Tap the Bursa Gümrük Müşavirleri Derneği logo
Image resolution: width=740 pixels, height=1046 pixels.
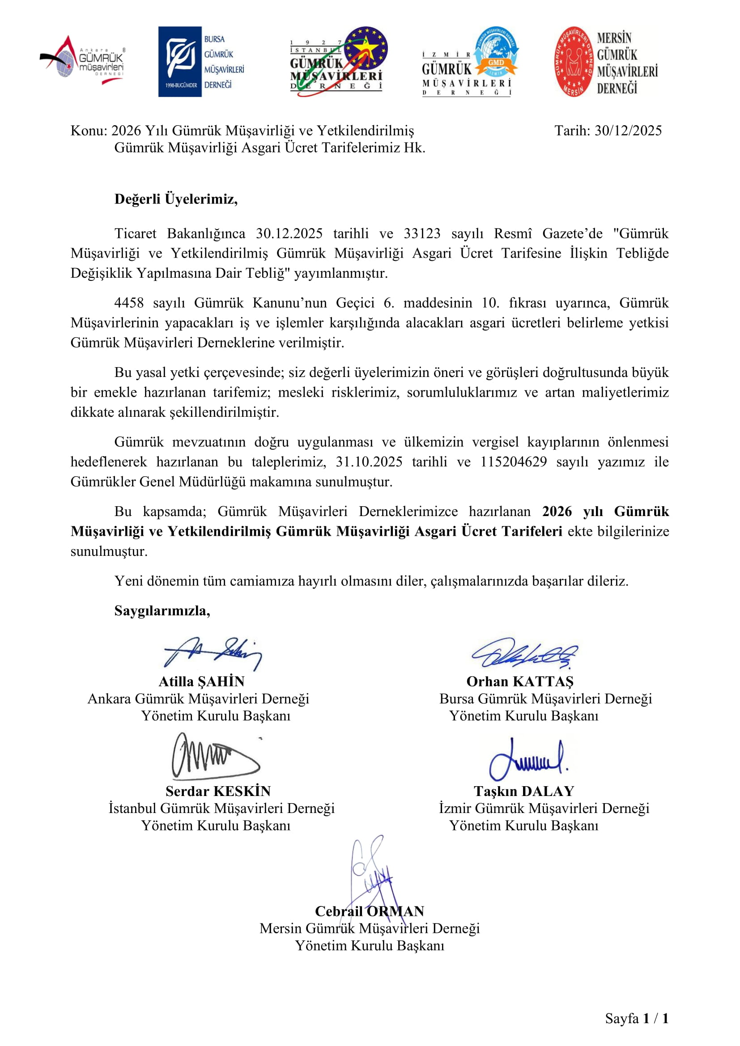tap(201, 62)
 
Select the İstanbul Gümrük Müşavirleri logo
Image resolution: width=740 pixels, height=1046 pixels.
tap(339, 62)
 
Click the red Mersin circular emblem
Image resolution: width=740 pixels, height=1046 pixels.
tap(574, 62)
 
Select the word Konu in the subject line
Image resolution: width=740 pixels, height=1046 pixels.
tap(88, 131)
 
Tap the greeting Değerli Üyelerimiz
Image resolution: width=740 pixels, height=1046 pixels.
tap(176, 199)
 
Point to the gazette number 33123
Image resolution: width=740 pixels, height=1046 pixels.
tap(421, 233)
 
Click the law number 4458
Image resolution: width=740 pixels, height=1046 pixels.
tap(128, 302)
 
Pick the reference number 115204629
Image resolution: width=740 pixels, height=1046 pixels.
tap(513, 462)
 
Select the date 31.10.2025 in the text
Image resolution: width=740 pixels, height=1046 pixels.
tap(369, 462)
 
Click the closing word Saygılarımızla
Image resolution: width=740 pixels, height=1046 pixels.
tap(162, 610)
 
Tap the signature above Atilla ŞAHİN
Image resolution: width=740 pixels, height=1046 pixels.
tap(213, 652)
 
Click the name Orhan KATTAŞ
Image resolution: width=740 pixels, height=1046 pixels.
tap(519, 681)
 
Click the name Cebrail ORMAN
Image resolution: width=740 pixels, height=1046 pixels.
tap(369, 910)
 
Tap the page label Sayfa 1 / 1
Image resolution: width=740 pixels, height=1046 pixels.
tap(636, 1018)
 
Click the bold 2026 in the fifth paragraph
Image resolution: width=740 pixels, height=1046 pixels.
tap(557, 511)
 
